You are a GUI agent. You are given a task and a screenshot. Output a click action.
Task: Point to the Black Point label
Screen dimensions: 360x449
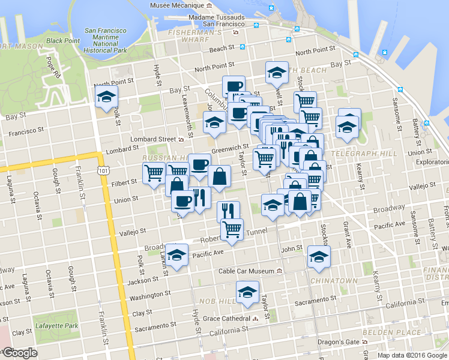[x=62, y=41]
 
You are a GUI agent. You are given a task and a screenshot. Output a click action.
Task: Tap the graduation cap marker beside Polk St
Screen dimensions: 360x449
[x=106, y=97]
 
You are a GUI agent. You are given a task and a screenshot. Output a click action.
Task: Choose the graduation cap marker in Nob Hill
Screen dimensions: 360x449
[x=247, y=292]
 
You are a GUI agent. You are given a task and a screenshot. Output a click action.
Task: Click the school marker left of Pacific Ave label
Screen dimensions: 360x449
[x=176, y=256]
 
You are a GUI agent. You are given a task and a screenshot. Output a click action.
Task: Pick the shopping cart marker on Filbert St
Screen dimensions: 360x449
[x=154, y=173]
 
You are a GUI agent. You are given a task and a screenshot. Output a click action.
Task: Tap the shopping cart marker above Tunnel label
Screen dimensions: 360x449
[x=231, y=228]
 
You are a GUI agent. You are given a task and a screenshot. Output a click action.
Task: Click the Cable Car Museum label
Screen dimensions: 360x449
[x=246, y=271]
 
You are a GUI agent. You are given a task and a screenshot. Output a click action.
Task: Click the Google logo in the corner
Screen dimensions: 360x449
[x=20, y=353]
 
